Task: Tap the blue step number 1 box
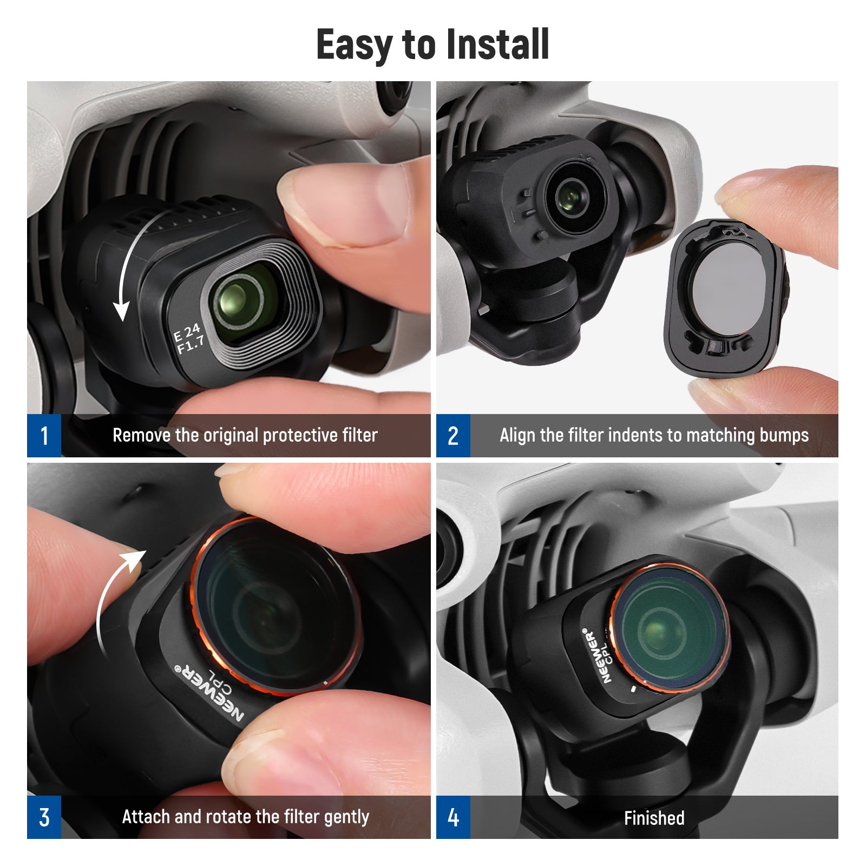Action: pos(44,436)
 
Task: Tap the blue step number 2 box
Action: pos(453,436)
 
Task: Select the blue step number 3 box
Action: pos(44,817)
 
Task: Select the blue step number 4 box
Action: pos(453,817)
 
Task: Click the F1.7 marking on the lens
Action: pos(191,344)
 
